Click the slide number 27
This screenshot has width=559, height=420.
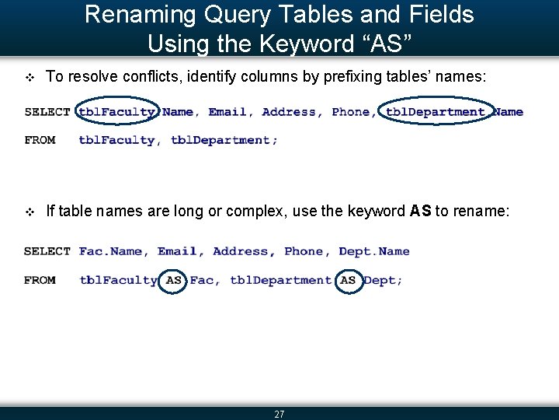(x=279, y=415)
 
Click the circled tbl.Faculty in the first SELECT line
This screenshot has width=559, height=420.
(x=117, y=112)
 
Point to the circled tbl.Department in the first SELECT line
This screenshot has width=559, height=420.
(x=436, y=112)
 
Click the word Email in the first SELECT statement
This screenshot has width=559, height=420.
(x=227, y=112)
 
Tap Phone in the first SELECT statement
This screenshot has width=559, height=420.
(x=351, y=112)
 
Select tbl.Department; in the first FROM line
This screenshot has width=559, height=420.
(x=224, y=140)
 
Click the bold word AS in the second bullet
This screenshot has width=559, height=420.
(x=420, y=211)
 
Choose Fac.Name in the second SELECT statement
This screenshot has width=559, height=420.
(x=111, y=251)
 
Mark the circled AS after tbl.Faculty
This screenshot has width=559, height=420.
(x=174, y=280)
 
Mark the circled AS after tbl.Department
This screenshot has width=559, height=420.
(x=349, y=280)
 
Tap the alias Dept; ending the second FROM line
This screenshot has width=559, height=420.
(x=384, y=280)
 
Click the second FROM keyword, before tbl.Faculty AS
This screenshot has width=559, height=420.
(x=40, y=280)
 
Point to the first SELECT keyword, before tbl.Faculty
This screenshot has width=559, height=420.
(x=47, y=112)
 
